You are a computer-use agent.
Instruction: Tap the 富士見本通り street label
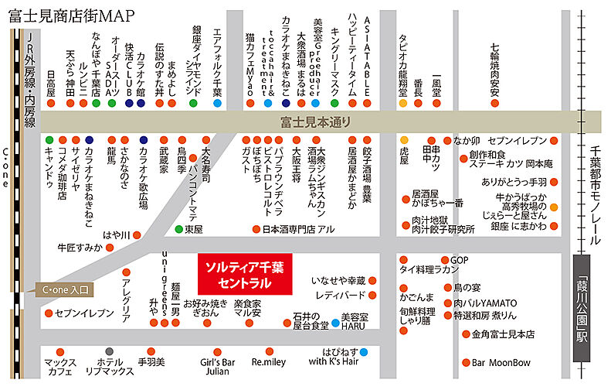click(x=316, y=121)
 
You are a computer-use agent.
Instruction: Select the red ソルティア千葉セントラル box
click(x=243, y=272)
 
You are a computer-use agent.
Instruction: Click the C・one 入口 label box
click(x=65, y=290)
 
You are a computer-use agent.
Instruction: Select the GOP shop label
click(x=460, y=259)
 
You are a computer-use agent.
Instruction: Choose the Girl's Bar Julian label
click(x=216, y=366)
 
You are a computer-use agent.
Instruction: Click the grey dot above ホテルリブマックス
click(x=109, y=351)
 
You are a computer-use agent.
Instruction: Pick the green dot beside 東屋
click(x=178, y=229)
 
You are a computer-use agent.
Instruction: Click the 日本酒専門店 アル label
click(x=298, y=229)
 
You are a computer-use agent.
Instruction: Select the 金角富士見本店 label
click(x=503, y=334)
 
